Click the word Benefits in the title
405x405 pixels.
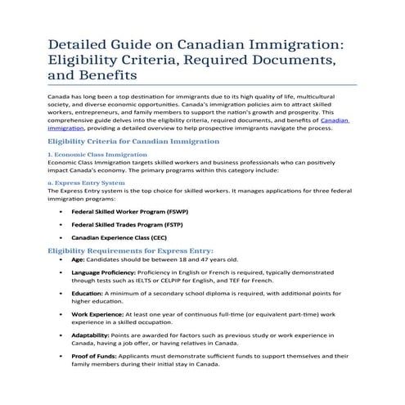point(106,75)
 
